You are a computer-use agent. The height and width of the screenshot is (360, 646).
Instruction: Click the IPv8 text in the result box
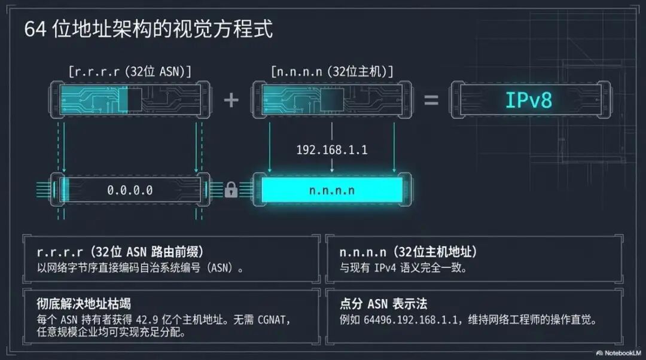pos(529,100)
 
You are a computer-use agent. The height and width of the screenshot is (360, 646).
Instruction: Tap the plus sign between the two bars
pos(231,100)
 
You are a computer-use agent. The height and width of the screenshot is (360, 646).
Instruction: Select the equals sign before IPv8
pos(431,100)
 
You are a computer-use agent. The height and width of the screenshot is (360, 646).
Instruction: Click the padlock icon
pos(231,190)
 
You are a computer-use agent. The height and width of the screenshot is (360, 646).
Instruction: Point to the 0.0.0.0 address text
pos(130,190)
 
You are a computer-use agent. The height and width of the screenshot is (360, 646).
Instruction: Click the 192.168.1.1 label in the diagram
pos(332,150)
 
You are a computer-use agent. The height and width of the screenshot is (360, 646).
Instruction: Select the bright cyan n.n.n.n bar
pos(332,190)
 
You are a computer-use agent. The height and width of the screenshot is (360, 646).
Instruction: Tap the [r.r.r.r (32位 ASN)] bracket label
pos(130,72)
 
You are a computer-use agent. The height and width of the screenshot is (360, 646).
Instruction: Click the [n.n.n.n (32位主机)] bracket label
pos(332,72)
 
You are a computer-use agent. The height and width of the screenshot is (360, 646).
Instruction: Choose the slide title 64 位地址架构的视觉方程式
pos(148,29)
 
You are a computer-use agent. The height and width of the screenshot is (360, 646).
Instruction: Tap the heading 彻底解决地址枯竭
pos(84,304)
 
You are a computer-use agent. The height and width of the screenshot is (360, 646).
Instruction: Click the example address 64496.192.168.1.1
pos(410,319)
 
